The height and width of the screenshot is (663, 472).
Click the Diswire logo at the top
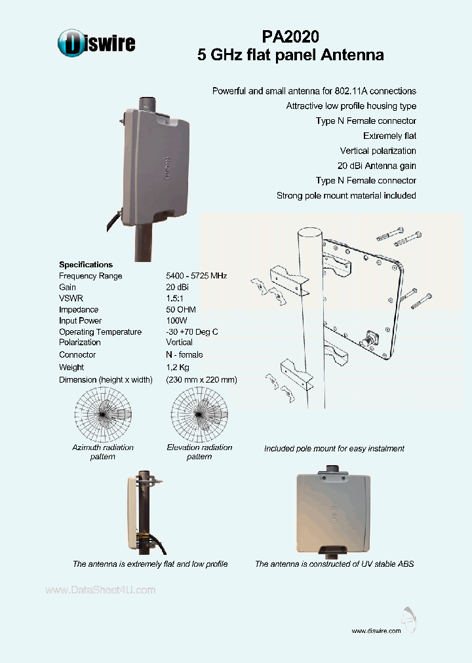96,43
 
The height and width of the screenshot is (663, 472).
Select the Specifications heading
86,265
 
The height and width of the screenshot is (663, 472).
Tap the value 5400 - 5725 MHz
196,276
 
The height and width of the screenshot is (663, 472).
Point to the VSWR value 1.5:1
176,298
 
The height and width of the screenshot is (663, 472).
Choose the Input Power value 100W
177,320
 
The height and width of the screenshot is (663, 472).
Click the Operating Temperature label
100,331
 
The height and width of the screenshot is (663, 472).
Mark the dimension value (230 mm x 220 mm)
201,379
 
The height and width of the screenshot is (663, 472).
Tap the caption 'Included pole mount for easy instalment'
334,449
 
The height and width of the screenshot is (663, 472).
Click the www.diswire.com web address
376,631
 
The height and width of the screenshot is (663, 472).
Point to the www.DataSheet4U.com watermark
100,590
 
